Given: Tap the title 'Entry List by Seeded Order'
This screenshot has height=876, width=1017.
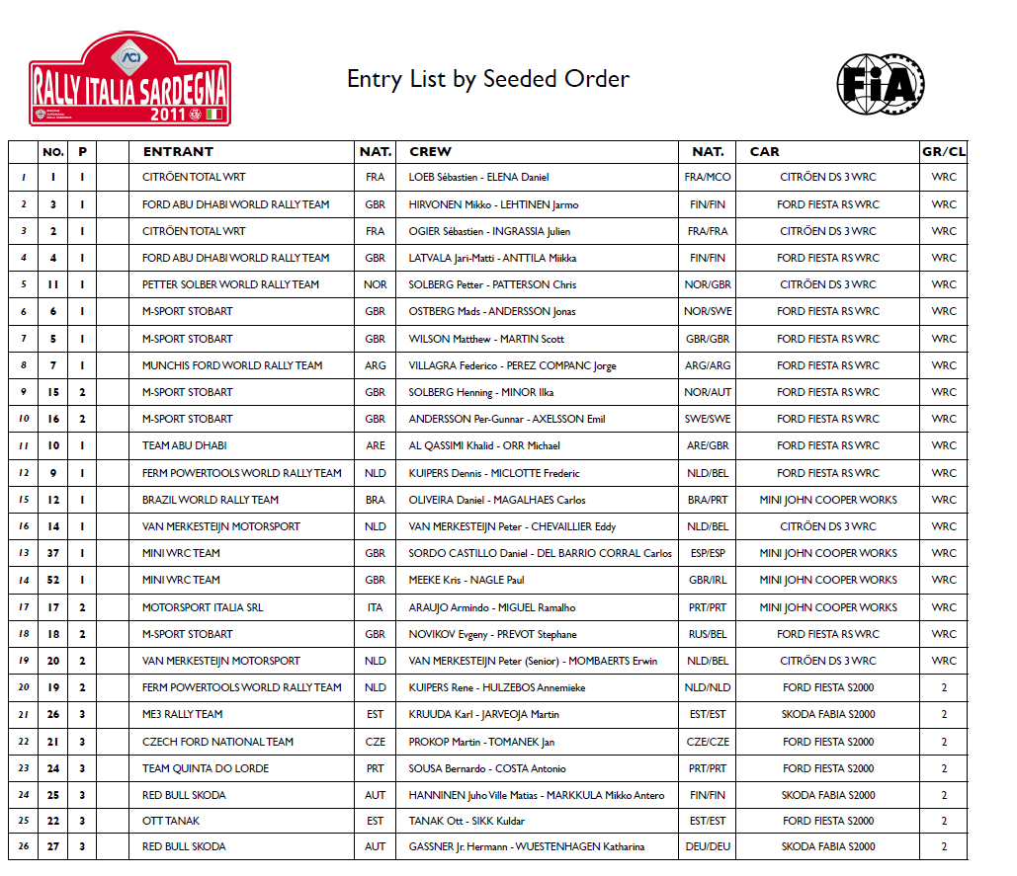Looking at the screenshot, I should (x=487, y=79).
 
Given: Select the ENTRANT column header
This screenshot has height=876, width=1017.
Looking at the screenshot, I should (x=178, y=152).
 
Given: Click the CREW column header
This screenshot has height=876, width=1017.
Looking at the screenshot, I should (x=430, y=152).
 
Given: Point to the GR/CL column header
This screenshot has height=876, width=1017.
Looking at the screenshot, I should (x=943, y=152).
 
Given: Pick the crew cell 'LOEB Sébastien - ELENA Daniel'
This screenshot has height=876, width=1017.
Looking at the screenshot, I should (x=478, y=178).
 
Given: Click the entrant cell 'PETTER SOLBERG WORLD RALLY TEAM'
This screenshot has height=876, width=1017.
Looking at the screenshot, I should (x=230, y=284).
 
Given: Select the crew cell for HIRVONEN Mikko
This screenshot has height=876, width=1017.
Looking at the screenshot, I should (x=493, y=204).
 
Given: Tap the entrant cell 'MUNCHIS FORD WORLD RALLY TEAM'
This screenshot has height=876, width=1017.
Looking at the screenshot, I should (x=232, y=365).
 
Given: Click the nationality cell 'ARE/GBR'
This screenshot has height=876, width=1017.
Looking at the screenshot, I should (x=707, y=445).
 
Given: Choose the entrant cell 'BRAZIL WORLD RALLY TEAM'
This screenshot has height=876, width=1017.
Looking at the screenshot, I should (x=211, y=500).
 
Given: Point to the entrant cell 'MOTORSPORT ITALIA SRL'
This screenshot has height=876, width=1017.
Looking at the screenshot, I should (x=203, y=607).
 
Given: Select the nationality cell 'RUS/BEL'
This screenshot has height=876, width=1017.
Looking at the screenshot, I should (x=707, y=634).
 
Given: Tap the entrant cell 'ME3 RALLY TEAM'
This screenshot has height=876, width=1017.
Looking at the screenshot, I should (x=183, y=714).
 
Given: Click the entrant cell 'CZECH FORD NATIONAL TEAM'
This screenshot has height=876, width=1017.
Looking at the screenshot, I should (x=217, y=742).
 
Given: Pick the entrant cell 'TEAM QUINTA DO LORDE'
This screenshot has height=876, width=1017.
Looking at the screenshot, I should (x=206, y=768).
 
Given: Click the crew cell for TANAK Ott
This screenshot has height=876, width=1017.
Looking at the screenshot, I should (x=466, y=821).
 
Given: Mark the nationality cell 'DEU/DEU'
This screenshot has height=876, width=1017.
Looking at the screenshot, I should (x=707, y=846).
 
